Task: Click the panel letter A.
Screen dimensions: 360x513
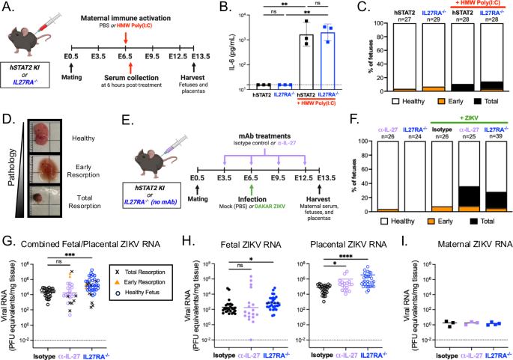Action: point(7,7)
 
